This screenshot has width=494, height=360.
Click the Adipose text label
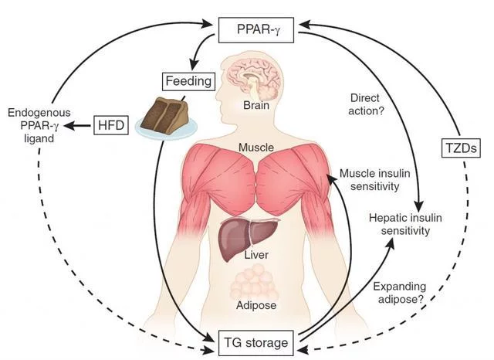coord(255,304)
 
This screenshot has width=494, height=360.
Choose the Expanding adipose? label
coord(398,293)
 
